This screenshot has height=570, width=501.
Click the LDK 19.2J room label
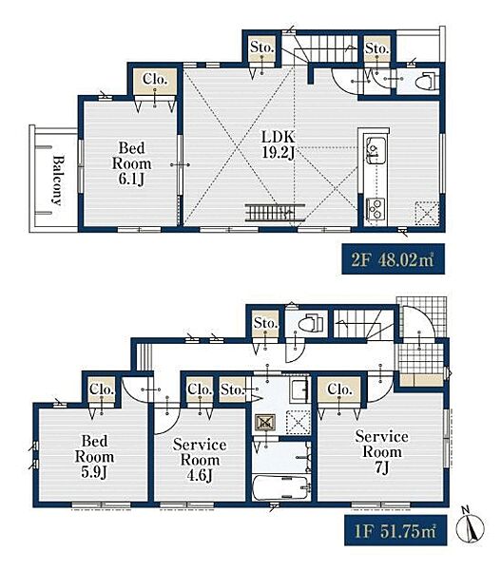click(279, 145)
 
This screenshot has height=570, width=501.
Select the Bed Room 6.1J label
click(131, 163)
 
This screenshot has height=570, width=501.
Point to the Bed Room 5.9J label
click(94, 457)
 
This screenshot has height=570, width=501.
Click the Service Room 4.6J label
click(200, 460)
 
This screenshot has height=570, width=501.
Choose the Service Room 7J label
click(381, 452)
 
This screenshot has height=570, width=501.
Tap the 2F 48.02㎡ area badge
click(393, 259)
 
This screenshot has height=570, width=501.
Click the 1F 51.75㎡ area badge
click(395, 530)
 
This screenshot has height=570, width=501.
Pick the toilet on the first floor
click(310, 322)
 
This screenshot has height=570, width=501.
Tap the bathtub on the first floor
click(280, 487)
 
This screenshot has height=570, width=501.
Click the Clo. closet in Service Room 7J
click(339, 389)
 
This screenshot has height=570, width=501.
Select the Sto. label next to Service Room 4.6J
click(232, 389)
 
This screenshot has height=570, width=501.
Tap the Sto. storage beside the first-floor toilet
click(265, 323)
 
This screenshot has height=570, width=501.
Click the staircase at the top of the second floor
click(327, 48)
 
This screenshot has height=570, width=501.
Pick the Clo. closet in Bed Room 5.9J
click(102, 389)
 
